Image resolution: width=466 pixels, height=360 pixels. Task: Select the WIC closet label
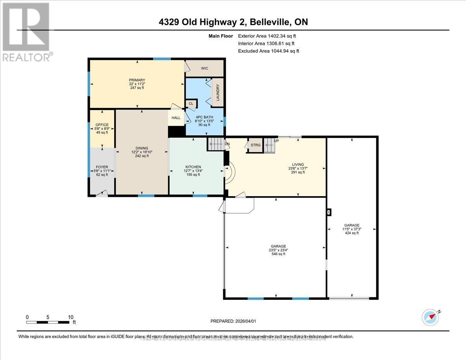pyautogui.click(x=205, y=68)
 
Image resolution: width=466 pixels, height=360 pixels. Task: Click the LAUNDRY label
pyautogui.click(x=218, y=92)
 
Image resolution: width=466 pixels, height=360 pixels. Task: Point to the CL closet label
pyautogui.click(x=191, y=104)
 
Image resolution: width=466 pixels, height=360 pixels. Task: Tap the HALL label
pyautogui.click(x=176, y=118)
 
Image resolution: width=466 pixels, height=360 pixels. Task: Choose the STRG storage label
pyautogui.click(x=256, y=146)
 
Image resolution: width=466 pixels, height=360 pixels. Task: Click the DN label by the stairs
pyautogui.click(x=227, y=144)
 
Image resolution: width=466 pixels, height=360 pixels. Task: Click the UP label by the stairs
pyautogui.click(x=276, y=141)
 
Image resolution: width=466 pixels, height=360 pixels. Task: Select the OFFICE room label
pyautogui.click(x=102, y=125)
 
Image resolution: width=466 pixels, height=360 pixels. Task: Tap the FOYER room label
pyautogui.click(x=102, y=167)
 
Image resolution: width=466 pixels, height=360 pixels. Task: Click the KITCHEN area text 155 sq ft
pyautogui.click(x=193, y=175)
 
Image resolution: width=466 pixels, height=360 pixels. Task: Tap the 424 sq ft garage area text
pyautogui.click(x=352, y=233)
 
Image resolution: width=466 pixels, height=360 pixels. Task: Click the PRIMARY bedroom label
pyautogui.click(x=137, y=80)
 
